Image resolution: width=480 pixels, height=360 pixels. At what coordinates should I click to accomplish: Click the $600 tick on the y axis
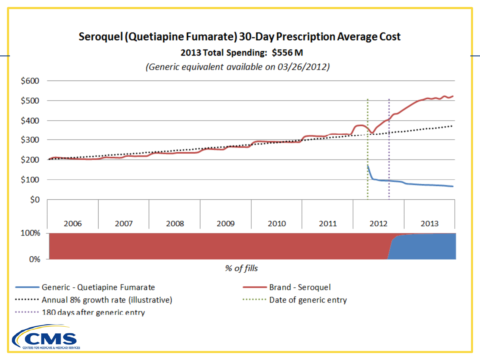point(30,81)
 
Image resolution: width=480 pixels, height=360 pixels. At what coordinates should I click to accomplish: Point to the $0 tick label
point(35,200)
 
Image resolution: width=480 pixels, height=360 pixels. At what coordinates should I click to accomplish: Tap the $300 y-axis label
point(30,140)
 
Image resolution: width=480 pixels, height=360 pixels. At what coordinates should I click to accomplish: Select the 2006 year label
point(73,224)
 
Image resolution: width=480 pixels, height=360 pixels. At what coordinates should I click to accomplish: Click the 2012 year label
point(378,224)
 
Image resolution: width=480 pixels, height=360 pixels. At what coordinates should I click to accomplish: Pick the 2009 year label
point(226,224)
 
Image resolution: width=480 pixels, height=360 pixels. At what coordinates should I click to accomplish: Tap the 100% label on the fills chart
point(30,233)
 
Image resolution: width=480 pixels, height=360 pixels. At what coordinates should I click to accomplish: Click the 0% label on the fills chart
point(35,259)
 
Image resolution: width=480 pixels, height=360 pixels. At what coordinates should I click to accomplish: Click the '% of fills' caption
point(241,268)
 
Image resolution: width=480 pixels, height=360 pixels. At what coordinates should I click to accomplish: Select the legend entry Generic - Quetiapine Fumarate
point(98,287)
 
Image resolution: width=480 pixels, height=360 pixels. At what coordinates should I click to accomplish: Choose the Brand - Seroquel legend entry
point(300,287)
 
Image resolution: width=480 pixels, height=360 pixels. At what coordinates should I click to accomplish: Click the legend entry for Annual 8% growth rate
point(107,300)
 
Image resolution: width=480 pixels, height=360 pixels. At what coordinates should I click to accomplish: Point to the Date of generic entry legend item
point(308,300)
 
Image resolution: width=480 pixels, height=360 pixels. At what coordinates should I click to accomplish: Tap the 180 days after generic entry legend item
point(93,312)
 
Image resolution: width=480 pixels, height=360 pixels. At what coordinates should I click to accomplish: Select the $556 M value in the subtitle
point(287,53)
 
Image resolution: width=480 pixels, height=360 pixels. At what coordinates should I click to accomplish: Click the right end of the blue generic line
point(453,186)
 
